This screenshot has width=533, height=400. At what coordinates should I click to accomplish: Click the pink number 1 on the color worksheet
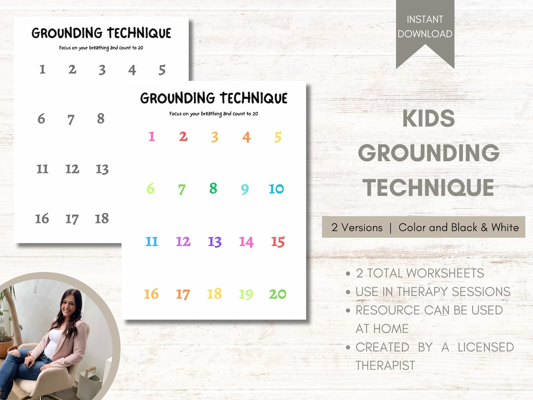(x=152, y=137)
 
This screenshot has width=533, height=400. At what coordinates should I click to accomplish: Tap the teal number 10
(x=276, y=189)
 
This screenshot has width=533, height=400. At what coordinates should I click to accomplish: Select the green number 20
(x=277, y=294)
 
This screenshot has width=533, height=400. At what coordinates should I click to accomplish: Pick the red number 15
(x=278, y=242)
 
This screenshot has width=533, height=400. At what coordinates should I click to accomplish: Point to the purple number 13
(x=215, y=242)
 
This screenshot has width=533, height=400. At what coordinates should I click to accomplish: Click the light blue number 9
(x=245, y=189)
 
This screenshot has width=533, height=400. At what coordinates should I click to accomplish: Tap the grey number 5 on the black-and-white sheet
(x=162, y=70)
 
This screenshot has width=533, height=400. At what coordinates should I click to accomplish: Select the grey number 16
(x=42, y=219)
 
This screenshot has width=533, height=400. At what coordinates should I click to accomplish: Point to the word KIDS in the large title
(x=428, y=119)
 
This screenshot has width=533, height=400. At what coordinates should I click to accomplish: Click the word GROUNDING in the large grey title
(x=428, y=153)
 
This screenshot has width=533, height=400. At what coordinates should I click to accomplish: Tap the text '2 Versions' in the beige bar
(x=357, y=228)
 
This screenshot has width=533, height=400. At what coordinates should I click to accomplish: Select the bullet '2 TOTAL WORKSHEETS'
(x=419, y=273)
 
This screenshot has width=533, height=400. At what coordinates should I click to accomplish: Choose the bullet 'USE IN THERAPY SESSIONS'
(x=433, y=292)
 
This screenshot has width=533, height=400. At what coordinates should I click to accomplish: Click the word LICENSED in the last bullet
(x=486, y=347)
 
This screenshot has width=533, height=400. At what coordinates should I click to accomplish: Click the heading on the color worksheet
(x=214, y=98)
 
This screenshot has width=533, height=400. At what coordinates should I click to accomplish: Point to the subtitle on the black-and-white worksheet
(x=101, y=48)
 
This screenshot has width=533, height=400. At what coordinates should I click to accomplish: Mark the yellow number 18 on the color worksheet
(x=214, y=294)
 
